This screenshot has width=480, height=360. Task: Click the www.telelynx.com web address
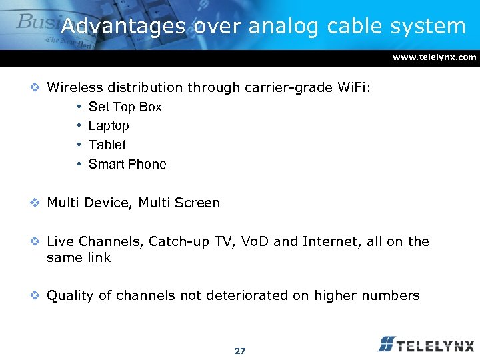pyautogui.click(x=434, y=57)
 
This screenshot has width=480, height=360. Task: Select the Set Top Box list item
pyautogui.click(x=125, y=107)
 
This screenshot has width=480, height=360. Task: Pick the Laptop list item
pyautogui.click(x=109, y=125)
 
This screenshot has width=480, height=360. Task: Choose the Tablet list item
pyautogui.click(x=107, y=145)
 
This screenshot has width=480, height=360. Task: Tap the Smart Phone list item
pyautogui.click(x=127, y=164)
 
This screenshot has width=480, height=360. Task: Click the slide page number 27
pyautogui.click(x=240, y=351)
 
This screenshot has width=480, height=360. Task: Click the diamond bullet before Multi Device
pyautogui.click(x=38, y=203)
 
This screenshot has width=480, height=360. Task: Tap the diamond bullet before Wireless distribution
pyautogui.click(x=38, y=87)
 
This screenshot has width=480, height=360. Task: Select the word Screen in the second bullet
pyautogui.click(x=197, y=203)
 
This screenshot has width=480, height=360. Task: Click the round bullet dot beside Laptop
pyautogui.click(x=79, y=125)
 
